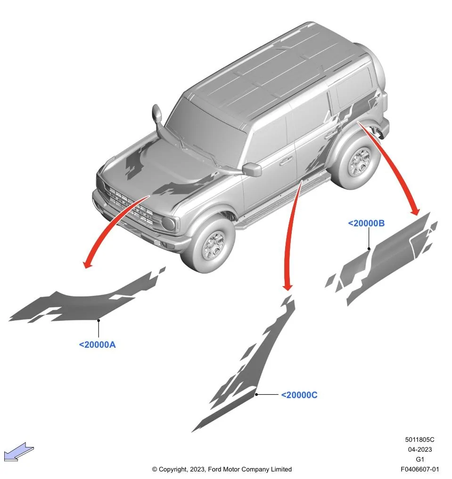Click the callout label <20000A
point(97,344)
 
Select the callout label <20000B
point(366,224)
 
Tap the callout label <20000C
point(299,395)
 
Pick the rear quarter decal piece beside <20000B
point(386,259)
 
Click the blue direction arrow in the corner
point(19,453)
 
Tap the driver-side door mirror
point(252,169)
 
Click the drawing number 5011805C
point(419,440)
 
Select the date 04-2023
point(419,449)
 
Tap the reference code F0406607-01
point(419,469)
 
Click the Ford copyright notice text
point(222,469)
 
